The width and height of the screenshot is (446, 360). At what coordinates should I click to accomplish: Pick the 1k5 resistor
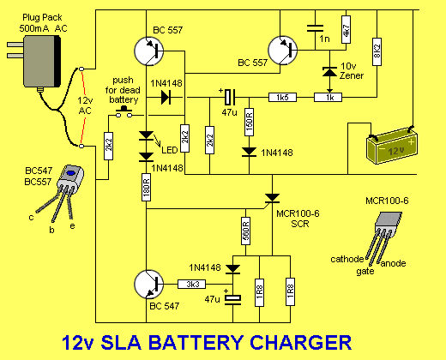point(283,98)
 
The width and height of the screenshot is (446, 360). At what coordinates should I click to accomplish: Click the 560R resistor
point(244,229)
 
